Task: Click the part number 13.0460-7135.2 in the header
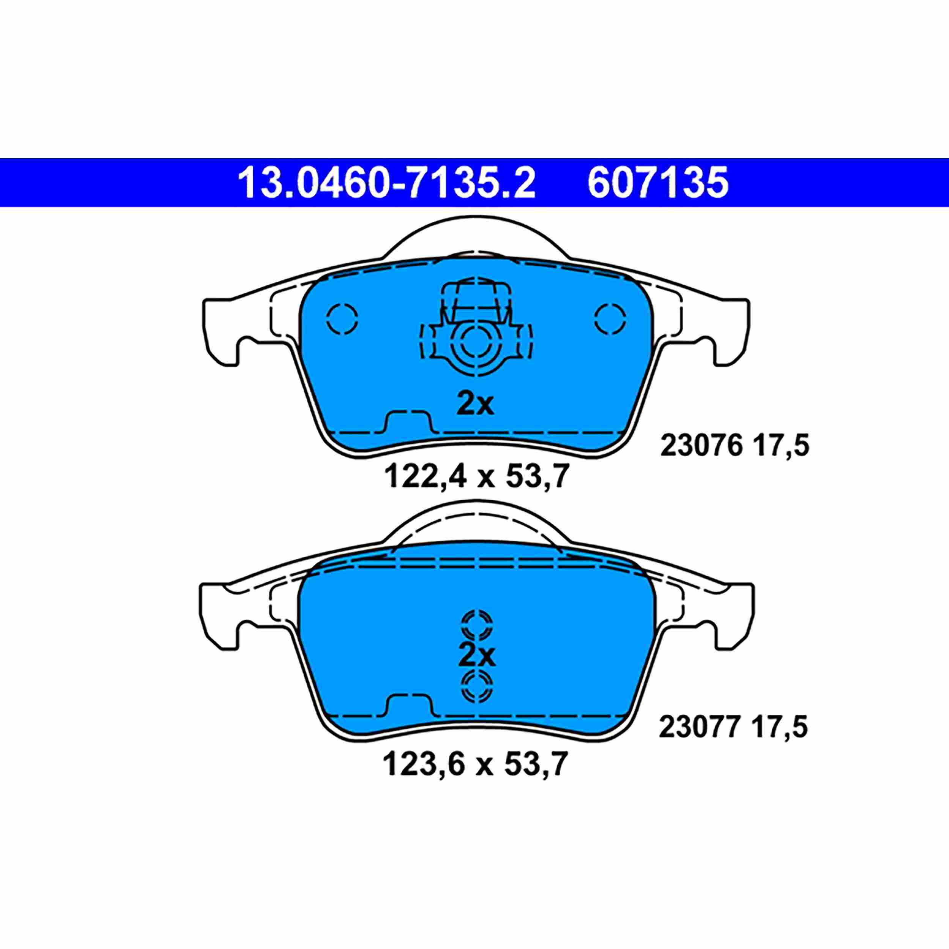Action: pos(386,183)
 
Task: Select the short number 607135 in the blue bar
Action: pos(658,183)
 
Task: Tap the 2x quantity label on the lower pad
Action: pos(476,655)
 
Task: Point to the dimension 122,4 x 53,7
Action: pos(476,476)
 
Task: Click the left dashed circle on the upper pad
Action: pos(342,319)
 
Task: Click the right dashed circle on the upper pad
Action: pos(610,319)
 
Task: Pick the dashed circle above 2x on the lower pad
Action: pos(476,625)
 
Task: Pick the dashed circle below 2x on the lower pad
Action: pos(476,686)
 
